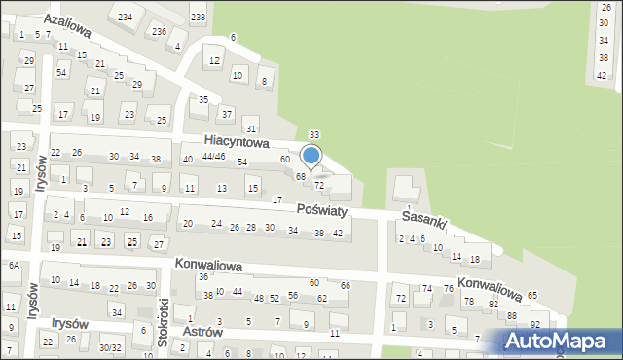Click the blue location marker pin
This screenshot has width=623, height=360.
tap(311, 155)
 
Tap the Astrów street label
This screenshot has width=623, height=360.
tap(202, 331)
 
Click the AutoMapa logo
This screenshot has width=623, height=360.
tap(558, 341)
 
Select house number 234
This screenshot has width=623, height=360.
tap(125, 18)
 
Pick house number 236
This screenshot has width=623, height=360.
tap(158, 31)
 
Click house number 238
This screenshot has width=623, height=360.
tap(198, 18)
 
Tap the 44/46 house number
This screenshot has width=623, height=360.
tap(213, 157)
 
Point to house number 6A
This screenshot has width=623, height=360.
tap(14, 265)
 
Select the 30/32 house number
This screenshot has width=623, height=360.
tap(109, 347)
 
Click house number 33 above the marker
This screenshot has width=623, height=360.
tap(314, 134)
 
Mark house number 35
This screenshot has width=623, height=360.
tap(203, 100)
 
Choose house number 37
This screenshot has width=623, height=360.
tap(226, 115)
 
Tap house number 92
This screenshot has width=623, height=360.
tap(535, 323)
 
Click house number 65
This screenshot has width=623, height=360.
tap(532, 295)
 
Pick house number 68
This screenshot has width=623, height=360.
tap(302, 176)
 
